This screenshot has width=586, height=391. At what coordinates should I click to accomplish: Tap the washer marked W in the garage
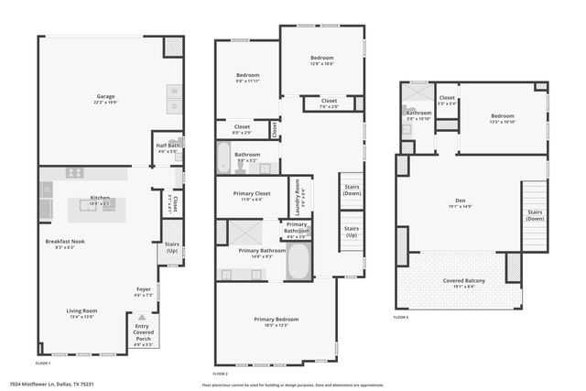tap(174, 91)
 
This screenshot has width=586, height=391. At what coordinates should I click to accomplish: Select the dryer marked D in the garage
tap(174, 107)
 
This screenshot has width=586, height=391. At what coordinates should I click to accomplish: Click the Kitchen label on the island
tap(100, 199)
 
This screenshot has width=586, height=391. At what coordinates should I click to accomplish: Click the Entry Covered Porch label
tap(142, 334)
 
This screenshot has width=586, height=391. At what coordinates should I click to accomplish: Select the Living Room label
tap(81, 311)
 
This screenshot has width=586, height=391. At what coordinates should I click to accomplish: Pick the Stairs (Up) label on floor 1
tap(171, 247)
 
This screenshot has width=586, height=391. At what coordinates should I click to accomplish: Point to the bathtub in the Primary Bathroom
tap(298, 262)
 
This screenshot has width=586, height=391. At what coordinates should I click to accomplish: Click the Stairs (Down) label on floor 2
tap(351, 191)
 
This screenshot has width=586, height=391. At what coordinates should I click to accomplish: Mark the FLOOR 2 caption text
tap(222, 374)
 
